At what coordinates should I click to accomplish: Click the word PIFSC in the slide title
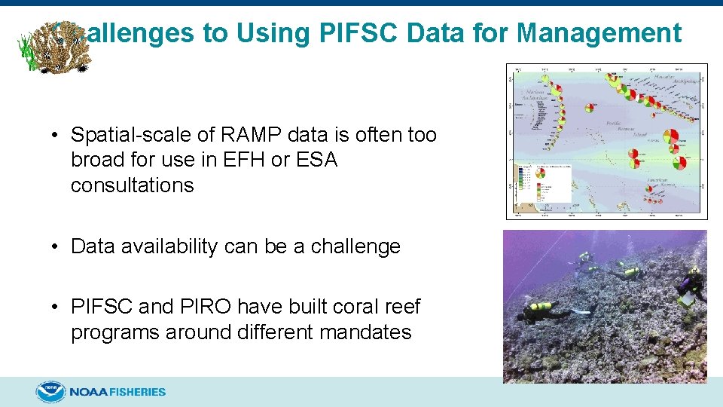[340, 33]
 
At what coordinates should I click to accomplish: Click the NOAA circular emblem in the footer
[50, 392]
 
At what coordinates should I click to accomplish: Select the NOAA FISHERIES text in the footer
[117, 392]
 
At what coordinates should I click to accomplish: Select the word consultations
[132, 185]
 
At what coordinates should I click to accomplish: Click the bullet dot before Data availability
[56, 247]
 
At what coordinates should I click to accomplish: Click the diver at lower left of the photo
[548, 308]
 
